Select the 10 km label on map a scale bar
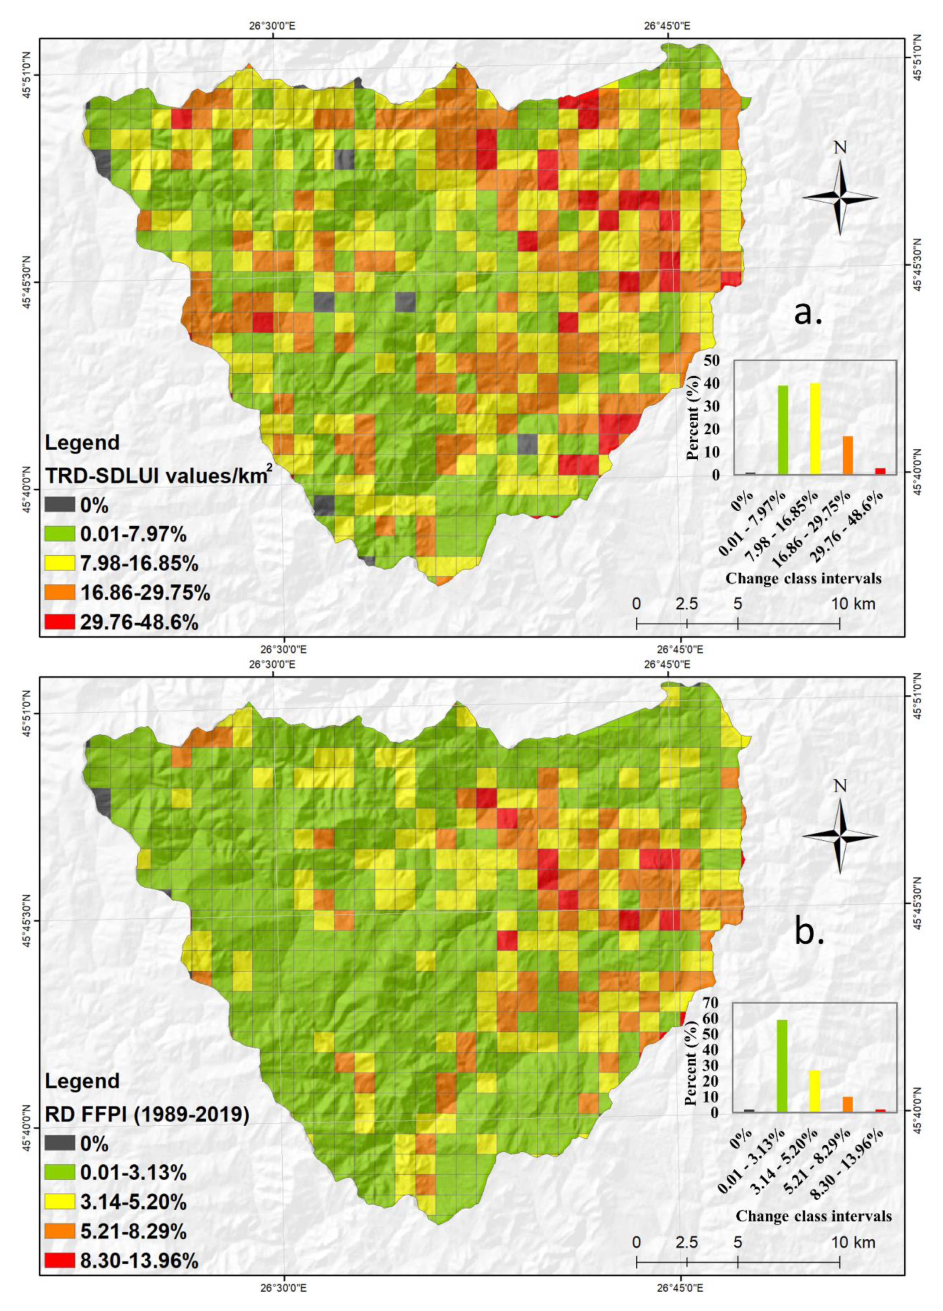point(853,604)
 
